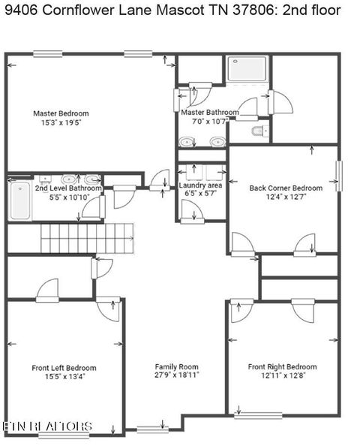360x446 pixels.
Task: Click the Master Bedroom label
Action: [61, 113]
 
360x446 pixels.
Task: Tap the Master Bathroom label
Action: [210, 113]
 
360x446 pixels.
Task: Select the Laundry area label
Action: [199, 185]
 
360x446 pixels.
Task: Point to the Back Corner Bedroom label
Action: [286, 188]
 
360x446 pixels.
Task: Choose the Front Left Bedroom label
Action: [64, 368]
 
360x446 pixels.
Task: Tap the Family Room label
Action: [176, 366]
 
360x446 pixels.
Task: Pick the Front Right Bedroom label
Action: [283, 366]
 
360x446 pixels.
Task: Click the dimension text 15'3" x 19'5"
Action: [61, 122]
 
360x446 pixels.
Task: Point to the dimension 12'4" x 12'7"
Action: [286, 197]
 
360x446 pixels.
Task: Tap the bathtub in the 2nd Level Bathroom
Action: [19, 200]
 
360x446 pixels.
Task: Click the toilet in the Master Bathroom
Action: [257, 132]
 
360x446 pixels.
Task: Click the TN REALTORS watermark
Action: [46, 426]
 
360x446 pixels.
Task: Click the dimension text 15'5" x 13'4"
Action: [64, 377]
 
